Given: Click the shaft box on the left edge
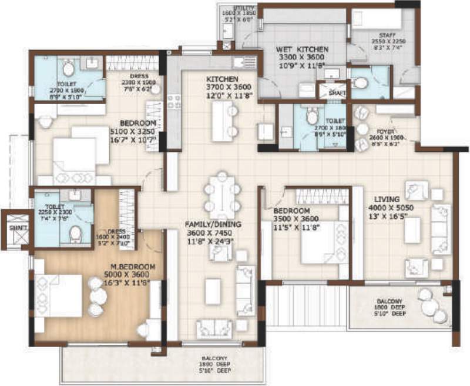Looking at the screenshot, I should click(12, 227).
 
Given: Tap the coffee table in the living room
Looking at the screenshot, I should click(411, 227).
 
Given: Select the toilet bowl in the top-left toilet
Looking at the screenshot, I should click(68, 69).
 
